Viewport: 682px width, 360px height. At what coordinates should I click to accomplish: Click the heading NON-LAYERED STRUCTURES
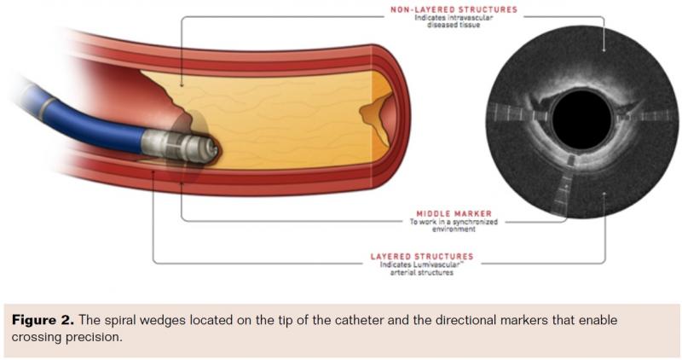pyautogui.click(x=454, y=9)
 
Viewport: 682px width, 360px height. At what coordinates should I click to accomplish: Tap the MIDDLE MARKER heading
pyautogui.click(x=454, y=213)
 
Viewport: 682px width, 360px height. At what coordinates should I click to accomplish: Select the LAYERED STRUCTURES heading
pyautogui.click(x=422, y=257)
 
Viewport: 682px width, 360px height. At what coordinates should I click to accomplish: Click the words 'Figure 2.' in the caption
pyautogui.click(x=43, y=321)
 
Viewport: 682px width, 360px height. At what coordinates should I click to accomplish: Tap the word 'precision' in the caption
pyautogui.click(x=93, y=338)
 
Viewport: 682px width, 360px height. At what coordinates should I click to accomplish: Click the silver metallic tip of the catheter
pyautogui.click(x=180, y=146)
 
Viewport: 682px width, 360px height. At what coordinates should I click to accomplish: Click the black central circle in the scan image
pyautogui.click(x=581, y=119)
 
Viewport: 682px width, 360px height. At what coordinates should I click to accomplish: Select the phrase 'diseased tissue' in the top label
pyautogui.click(x=454, y=25)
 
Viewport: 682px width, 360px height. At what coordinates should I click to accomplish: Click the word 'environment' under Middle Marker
pyautogui.click(x=454, y=229)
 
